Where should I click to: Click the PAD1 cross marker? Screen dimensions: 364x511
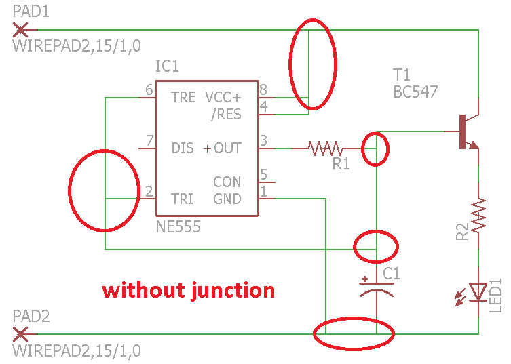tap(20, 29)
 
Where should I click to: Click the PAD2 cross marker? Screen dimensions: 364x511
tap(20, 333)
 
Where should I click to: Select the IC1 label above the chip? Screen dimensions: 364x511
tap(167, 66)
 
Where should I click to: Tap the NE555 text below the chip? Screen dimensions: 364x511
tap(178, 227)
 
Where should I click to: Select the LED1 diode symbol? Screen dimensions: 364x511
tap(478, 291)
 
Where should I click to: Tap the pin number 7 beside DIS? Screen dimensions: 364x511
tap(149, 141)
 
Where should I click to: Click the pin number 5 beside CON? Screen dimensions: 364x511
tap(263, 174)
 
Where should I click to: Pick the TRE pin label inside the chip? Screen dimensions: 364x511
tap(183, 98)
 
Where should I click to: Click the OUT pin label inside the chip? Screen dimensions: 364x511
tap(227, 148)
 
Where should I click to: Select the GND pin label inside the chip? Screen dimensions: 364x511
tap(227, 199)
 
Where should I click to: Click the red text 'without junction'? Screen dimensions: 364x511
tap(189, 290)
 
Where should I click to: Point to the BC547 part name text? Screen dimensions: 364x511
tap(415, 92)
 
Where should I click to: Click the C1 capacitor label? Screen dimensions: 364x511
tap(392, 274)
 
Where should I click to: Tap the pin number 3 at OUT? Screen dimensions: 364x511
tap(263, 141)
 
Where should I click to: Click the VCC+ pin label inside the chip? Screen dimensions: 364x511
tap(223, 97)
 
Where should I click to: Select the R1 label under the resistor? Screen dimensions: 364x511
tap(341, 163)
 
